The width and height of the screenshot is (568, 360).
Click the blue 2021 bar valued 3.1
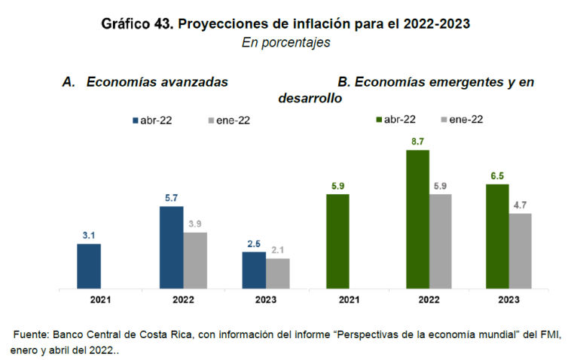88,266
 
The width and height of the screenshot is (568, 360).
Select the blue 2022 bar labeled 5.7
171,247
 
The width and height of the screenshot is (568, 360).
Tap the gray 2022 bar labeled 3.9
195,260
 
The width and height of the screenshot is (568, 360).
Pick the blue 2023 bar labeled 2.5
254,270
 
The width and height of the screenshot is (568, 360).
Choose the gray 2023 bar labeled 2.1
277,273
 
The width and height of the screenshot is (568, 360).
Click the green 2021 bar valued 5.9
337,241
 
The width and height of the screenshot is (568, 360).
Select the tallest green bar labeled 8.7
417,219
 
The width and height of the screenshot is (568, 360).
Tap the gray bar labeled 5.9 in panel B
441,241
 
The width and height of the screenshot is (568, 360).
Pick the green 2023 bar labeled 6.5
497,236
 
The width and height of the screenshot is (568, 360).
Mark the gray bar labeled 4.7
520,251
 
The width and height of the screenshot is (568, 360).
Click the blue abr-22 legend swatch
135,120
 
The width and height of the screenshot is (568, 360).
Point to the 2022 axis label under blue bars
183,299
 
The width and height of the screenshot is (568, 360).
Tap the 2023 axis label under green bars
509,299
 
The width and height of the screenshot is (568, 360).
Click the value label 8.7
417,142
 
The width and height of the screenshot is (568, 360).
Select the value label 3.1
88,236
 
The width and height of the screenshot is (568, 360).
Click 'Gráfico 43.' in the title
136,24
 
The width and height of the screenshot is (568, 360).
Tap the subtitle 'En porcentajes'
286,44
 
